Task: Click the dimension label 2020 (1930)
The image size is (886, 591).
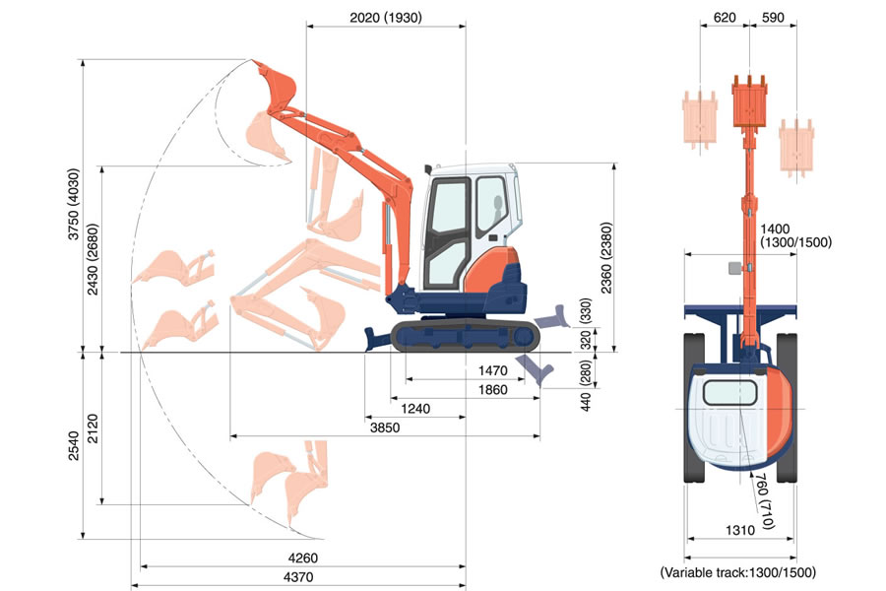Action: [385, 17]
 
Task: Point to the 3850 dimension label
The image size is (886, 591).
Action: [385, 427]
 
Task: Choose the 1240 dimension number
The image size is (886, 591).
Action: [415, 408]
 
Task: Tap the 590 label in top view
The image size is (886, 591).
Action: [775, 17]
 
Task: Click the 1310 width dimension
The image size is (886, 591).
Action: [741, 530]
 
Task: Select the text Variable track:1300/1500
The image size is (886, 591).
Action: [737, 571]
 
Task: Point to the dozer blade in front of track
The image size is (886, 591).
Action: [379, 336]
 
